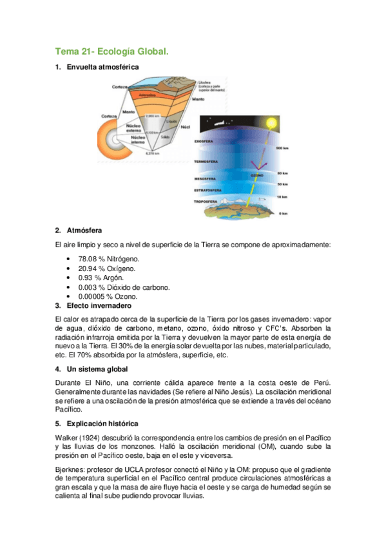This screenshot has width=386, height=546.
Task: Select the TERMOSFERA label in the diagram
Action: point(207,161)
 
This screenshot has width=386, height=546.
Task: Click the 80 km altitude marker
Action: point(282,173)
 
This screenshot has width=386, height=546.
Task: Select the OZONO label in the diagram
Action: point(256,174)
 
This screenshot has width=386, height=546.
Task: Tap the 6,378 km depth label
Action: point(152,154)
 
